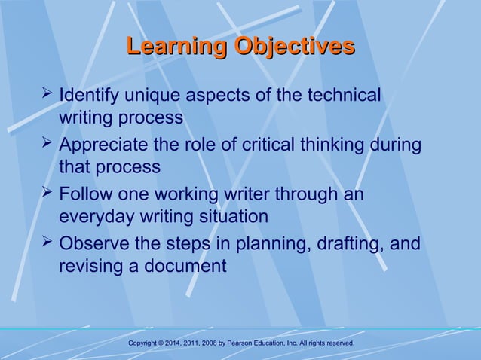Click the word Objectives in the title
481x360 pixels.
pos(295,47)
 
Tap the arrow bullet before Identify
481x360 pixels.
pos(47,95)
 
